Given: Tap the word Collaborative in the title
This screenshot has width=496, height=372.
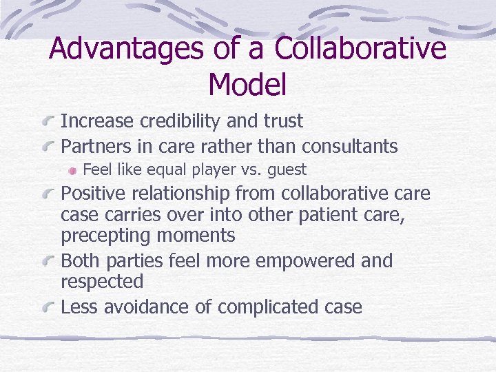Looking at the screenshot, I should click(360, 50).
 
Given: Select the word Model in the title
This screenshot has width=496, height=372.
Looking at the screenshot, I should click(247, 85).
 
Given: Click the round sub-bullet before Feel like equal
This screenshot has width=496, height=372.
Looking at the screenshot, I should click(73, 170).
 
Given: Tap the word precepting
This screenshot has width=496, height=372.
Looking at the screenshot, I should click(106, 236).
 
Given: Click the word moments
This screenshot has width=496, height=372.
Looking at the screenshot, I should click(196, 236).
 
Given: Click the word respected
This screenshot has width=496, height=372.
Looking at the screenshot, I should click(102, 282).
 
